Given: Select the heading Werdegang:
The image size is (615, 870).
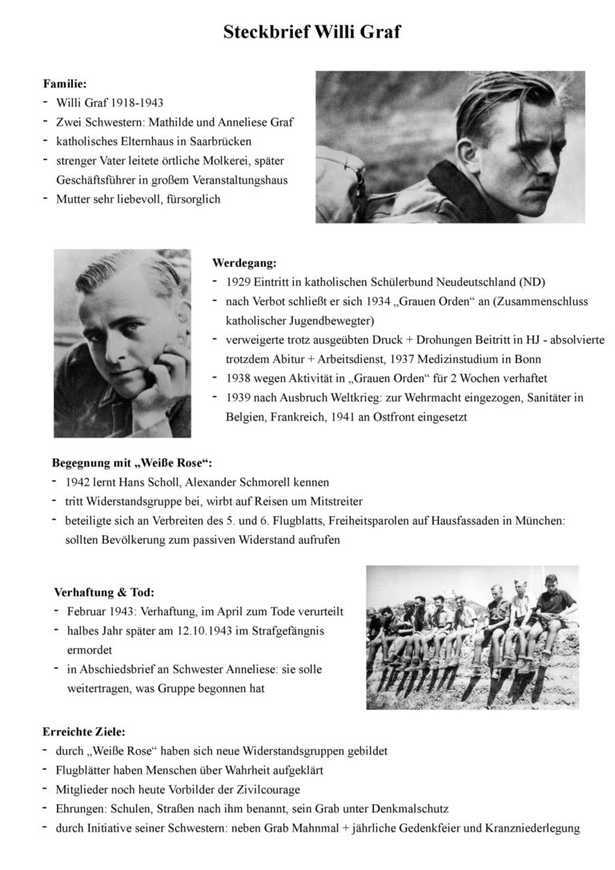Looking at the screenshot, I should pyautogui.click(x=244, y=262).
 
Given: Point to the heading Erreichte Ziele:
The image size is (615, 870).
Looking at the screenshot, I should pyautogui.click(x=83, y=731).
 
